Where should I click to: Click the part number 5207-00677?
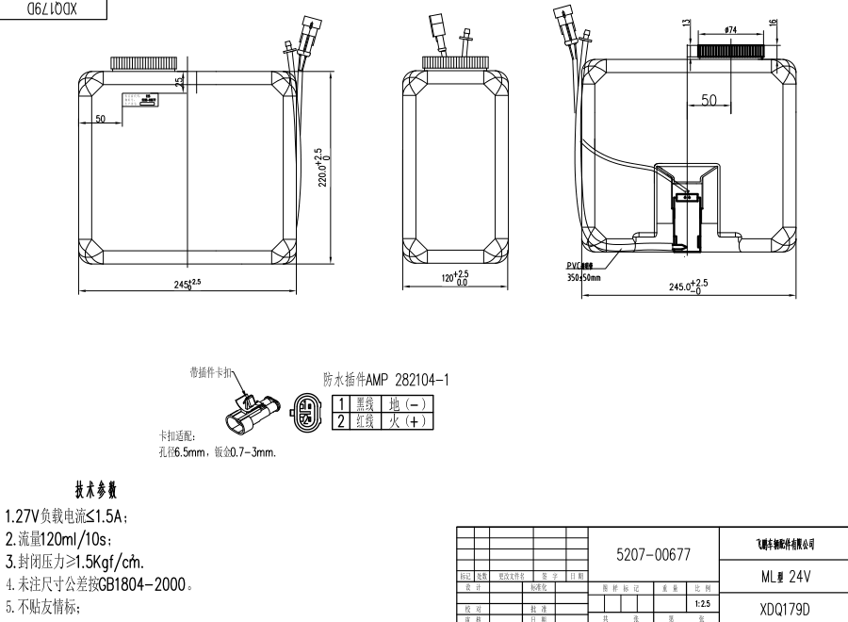652,556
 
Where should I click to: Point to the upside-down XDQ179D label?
59,7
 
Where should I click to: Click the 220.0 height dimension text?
320,167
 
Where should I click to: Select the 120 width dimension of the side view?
456,278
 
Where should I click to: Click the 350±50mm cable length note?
583,278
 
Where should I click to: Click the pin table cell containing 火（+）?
407,420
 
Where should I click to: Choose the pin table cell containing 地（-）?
407,403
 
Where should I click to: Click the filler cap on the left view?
143,64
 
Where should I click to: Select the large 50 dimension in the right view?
709,100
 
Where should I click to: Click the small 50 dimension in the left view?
100,119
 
